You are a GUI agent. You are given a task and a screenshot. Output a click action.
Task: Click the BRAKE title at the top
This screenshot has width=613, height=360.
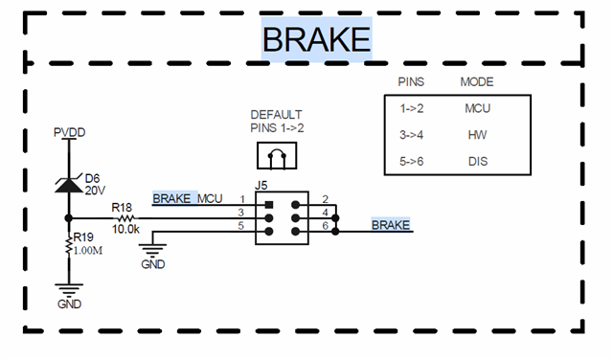click(316, 39)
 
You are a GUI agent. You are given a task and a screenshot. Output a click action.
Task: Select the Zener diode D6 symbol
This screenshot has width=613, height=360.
click(69, 185)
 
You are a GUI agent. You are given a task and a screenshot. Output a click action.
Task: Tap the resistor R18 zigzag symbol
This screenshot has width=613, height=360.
click(125, 218)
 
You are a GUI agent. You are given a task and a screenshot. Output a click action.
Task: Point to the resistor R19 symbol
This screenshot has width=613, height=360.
click(69, 245)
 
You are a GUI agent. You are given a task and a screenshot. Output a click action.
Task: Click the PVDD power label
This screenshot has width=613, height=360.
click(69, 132)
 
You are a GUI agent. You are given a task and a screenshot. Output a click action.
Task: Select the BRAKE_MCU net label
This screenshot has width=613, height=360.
click(188, 198)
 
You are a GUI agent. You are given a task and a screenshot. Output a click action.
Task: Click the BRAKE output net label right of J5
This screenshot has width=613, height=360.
click(390, 225)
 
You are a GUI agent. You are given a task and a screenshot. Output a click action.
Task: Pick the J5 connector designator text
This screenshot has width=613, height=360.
click(261, 186)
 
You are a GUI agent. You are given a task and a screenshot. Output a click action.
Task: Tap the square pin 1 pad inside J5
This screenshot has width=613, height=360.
click(268, 205)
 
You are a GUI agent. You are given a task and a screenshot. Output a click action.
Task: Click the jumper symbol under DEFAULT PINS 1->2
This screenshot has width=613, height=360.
click(277, 155)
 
